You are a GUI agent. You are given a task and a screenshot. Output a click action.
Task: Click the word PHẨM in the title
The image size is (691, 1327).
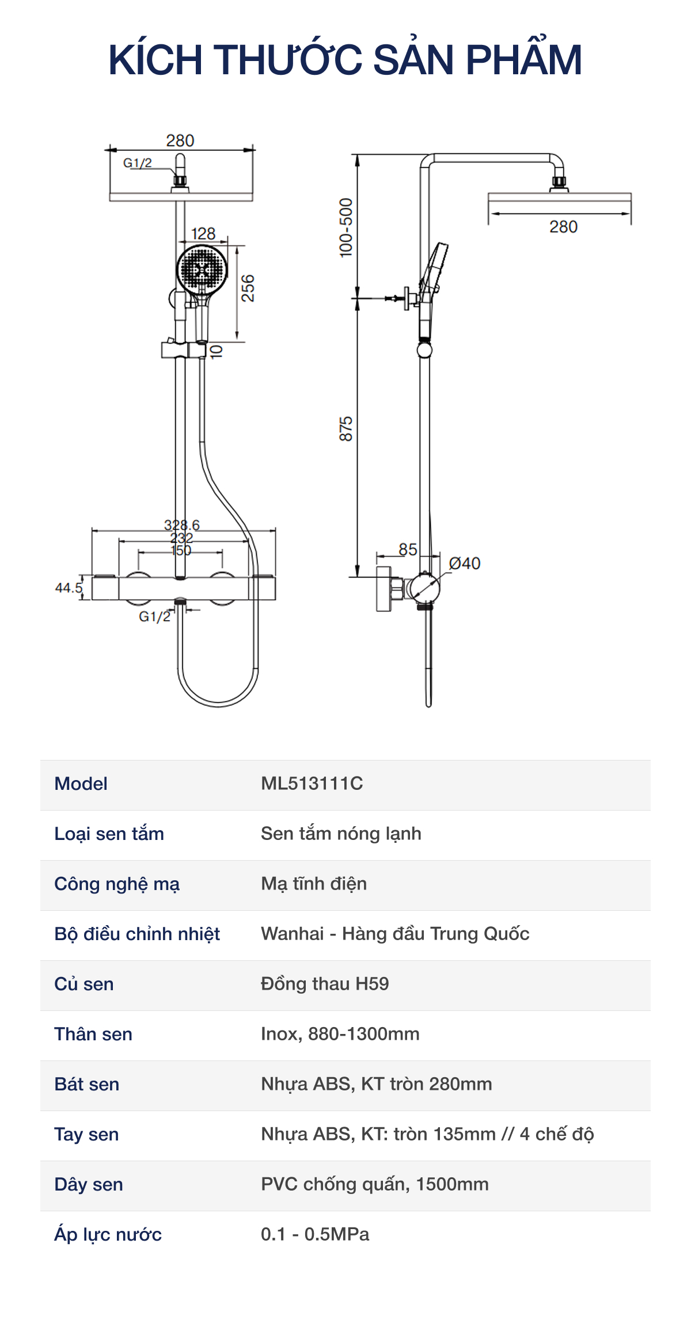click(x=523, y=60)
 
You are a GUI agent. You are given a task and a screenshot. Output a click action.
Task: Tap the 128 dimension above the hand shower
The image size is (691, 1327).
click(x=203, y=234)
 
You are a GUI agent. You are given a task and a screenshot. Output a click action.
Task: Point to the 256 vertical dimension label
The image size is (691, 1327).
click(x=248, y=288)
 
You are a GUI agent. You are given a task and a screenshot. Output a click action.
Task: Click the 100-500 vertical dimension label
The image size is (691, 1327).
click(x=345, y=227)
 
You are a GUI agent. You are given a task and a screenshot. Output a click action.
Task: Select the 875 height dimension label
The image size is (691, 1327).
click(x=345, y=429)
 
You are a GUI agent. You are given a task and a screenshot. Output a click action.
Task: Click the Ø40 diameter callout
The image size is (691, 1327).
click(x=465, y=563)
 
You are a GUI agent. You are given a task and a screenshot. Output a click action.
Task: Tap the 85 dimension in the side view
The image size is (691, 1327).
click(x=408, y=549)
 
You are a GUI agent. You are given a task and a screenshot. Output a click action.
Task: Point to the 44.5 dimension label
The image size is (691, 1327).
click(x=69, y=588)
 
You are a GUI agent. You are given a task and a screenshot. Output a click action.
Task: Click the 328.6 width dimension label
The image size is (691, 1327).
click(x=182, y=525)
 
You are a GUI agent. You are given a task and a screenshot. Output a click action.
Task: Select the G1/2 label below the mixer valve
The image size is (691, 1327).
click(x=154, y=617)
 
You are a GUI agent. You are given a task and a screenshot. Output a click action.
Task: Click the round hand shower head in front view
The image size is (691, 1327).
click(x=202, y=269)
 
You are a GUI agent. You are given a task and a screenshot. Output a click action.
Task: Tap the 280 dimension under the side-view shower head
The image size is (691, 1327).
click(x=563, y=227)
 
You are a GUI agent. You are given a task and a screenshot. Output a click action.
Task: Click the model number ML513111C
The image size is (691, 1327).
click(x=312, y=784)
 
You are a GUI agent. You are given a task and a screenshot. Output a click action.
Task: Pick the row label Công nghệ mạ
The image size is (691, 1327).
click(x=117, y=884)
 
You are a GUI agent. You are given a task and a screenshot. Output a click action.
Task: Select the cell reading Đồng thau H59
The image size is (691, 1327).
click(x=325, y=984)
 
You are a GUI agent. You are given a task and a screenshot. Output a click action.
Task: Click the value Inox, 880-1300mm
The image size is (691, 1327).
click(x=340, y=1034)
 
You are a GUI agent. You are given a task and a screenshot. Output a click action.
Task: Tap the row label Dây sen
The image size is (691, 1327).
click(x=89, y=1184)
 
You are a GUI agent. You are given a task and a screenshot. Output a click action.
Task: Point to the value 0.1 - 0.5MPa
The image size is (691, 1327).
click(x=315, y=1234)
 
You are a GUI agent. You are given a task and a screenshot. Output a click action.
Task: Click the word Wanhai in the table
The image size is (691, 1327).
click(x=293, y=934)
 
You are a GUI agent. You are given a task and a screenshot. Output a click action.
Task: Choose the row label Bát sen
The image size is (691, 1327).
click(x=87, y=1084)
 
